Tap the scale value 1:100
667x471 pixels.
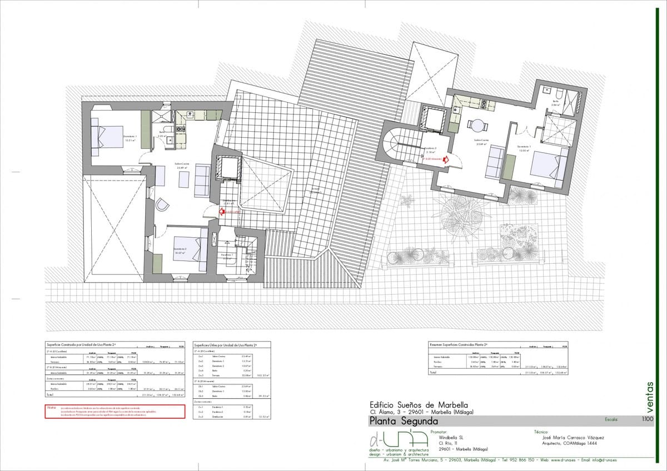click(x=648, y=420)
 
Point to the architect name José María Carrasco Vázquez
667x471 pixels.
click(x=573, y=437)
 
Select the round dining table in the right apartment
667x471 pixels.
click(x=477, y=124)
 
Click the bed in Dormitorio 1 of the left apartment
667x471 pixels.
click(x=109, y=137)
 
